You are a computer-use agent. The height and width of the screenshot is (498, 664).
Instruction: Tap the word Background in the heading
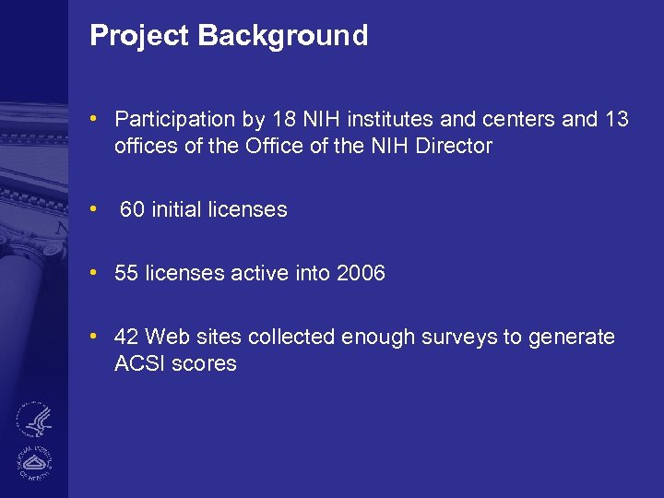coord(283,36)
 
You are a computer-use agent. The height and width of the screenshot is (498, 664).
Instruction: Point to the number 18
coord(282,120)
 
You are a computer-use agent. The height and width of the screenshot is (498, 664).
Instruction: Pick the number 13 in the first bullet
coord(616,120)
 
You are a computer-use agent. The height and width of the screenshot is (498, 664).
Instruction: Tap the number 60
coord(133,210)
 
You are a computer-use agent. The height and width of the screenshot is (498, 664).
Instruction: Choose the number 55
coord(127,274)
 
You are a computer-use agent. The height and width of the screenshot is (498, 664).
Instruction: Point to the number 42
coord(127,338)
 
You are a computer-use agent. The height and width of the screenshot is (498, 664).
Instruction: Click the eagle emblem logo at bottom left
coord(35,420)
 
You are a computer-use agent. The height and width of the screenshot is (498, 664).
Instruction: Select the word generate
coord(571,338)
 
